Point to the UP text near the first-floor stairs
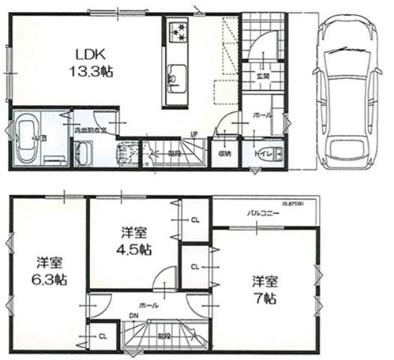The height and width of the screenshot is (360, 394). point(194,136)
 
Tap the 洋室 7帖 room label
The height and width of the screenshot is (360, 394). point(264,289)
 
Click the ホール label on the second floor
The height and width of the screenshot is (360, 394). point(147,305)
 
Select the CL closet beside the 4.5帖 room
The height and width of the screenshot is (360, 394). point(194,220)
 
